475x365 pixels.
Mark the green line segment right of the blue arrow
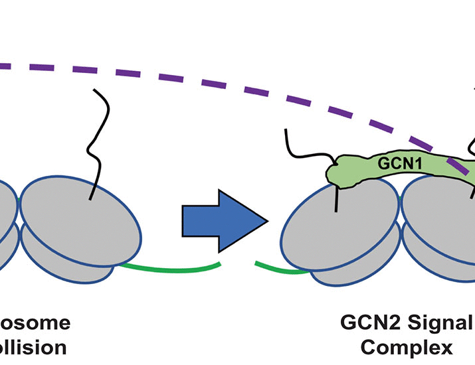click(x=279, y=268)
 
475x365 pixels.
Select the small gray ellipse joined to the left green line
click(x=86, y=259)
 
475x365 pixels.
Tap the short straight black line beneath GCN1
click(x=337, y=198)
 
